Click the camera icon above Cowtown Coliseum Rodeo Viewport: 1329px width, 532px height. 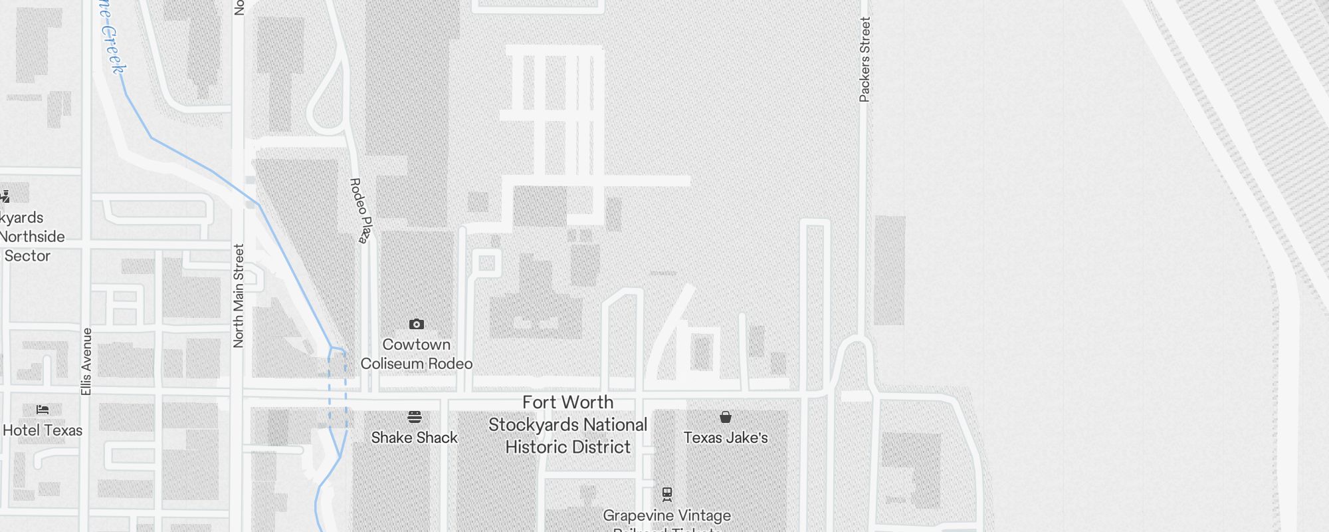(x=417, y=325)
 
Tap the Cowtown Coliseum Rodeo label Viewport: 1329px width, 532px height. (x=417, y=354)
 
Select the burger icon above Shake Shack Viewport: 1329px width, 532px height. (x=415, y=417)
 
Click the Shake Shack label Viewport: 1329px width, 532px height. (x=415, y=438)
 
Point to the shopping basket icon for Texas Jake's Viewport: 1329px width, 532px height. (x=726, y=417)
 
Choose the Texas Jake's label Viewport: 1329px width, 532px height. (x=726, y=438)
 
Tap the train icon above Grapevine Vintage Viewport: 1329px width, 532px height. (x=667, y=494)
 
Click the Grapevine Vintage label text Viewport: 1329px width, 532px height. (x=667, y=515)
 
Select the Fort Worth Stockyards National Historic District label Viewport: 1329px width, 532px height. (x=567, y=424)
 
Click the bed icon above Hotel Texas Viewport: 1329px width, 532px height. (x=43, y=409)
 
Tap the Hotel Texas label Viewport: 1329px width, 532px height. (x=43, y=430)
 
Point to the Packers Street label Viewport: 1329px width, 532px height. (x=865, y=60)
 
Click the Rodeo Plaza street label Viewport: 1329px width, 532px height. (x=359, y=210)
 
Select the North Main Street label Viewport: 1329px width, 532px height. (x=239, y=295)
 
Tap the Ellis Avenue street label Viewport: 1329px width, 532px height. (x=86, y=361)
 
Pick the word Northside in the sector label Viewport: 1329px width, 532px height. (x=33, y=237)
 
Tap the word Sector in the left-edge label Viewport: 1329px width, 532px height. (x=27, y=256)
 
